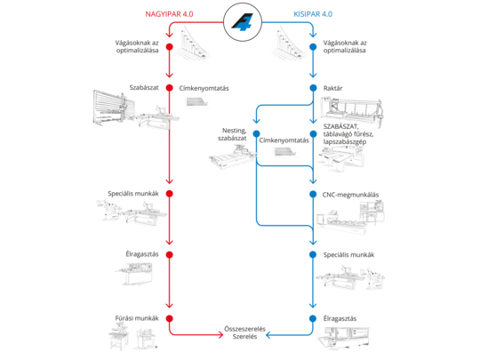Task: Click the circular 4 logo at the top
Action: [x=240, y=20]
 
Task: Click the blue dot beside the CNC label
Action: [x=313, y=193]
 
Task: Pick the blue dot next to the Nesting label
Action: [x=255, y=137]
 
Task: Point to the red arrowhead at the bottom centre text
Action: [x=219, y=335]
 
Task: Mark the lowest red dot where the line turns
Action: [x=169, y=317]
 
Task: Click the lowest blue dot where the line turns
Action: [x=313, y=317]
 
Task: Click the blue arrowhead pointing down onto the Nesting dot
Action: [x=255, y=127]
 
